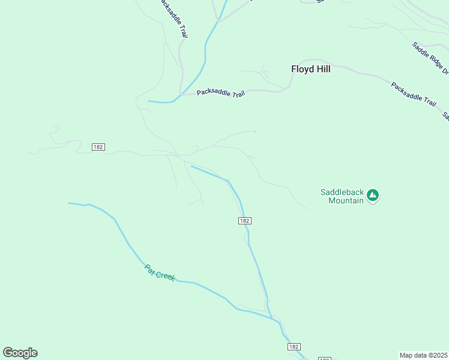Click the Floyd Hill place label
(x=310, y=69)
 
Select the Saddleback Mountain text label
(x=342, y=196)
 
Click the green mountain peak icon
(x=373, y=195)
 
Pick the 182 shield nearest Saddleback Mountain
(x=244, y=221)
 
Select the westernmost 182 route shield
(x=98, y=147)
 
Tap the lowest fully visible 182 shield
(x=294, y=347)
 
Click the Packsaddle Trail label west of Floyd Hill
(x=221, y=92)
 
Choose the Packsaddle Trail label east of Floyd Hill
(x=413, y=94)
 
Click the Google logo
(x=20, y=353)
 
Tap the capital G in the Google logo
(x=8, y=353)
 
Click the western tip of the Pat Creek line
(x=69, y=203)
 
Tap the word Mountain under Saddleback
(x=346, y=200)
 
